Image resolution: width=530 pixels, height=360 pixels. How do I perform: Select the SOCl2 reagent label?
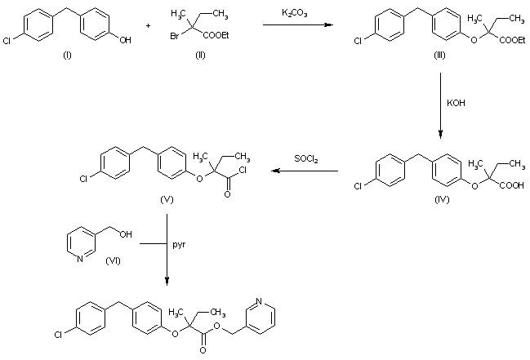click(x=307, y=159)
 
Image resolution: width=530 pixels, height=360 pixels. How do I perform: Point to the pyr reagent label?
click(x=180, y=244)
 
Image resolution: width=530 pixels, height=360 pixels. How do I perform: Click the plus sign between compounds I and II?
click(x=149, y=25)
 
